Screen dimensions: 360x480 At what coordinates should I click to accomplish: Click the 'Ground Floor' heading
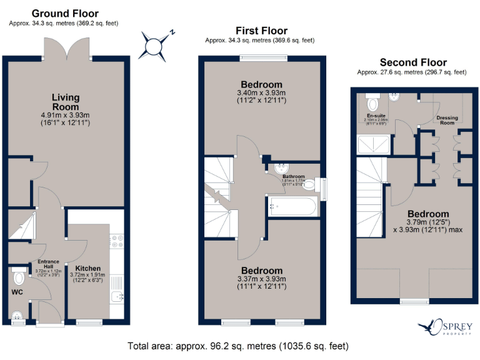(x=64, y=13)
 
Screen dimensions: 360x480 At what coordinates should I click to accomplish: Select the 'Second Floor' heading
(x=413, y=62)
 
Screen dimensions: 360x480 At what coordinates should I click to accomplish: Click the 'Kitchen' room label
(x=88, y=268)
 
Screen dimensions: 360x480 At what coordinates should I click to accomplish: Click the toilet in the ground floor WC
(x=18, y=276)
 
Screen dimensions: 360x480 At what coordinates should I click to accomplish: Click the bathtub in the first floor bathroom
(x=292, y=206)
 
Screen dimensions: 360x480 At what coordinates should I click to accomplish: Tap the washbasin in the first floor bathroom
(x=281, y=168)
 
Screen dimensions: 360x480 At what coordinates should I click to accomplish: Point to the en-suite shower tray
(x=372, y=146)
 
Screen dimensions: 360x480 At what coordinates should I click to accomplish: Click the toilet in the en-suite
(x=373, y=102)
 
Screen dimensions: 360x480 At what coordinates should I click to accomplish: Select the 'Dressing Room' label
(x=446, y=120)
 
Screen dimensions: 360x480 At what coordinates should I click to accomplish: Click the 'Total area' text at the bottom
(x=238, y=346)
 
